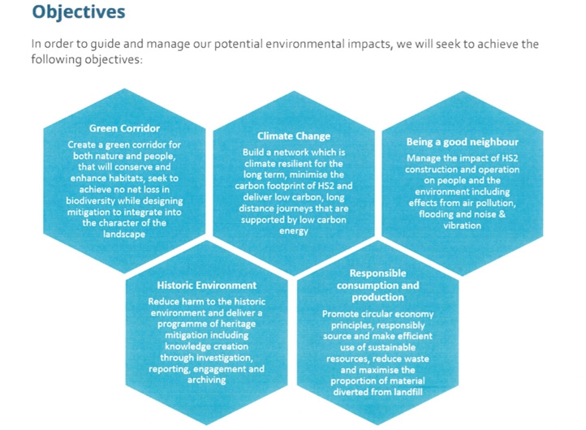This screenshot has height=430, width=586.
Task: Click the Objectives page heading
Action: (x=79, y=11)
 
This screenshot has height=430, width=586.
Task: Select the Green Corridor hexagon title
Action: (x=124, y=128)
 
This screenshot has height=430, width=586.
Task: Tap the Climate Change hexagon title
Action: (x=294, y=136)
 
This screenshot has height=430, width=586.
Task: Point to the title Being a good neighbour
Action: (x=463, y=142)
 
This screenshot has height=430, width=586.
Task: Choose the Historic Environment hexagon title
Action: (x=207, y=286)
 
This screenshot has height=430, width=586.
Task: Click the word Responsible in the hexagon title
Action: (x=378, y=273)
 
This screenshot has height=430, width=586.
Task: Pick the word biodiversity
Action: (x=90, y=201)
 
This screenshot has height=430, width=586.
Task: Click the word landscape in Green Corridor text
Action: (x=124, y=234)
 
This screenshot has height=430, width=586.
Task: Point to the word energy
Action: (x=294, y=231)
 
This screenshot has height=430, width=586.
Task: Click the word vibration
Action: (x=463, y=226)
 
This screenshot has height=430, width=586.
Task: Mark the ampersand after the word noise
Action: (x=502, y=214)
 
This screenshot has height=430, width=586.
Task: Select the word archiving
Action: (x=207, y=381)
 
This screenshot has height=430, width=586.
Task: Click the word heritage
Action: (x=238, y=324)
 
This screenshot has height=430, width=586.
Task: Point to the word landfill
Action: (x=408, y=392)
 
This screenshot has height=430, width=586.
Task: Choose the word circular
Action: (x=375, y=314)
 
